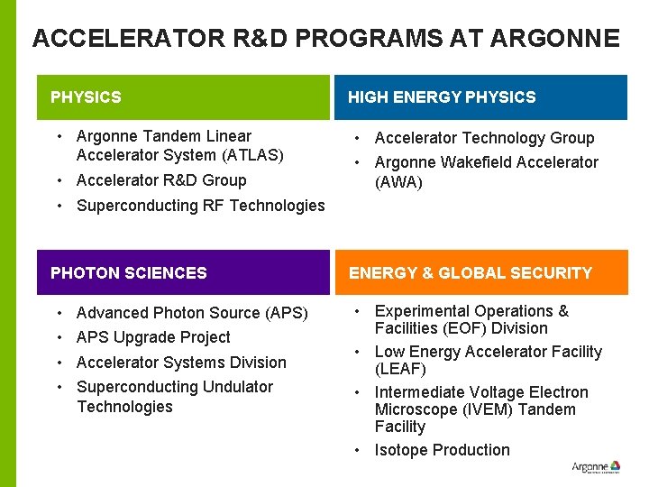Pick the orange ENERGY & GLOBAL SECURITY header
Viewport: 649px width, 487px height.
point(481,273)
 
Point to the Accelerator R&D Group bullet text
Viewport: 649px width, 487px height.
point(161,180)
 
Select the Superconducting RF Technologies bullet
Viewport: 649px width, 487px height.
point(200,206)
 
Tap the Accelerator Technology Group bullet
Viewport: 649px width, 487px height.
point(484,138)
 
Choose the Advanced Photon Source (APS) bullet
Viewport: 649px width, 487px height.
point(192,313)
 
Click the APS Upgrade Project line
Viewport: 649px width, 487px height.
point(153,337)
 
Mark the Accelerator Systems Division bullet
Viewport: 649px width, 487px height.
point(181,363)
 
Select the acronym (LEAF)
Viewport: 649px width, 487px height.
point(400,369)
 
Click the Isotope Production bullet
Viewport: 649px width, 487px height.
point(442,450)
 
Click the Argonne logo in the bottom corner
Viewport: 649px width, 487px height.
point(596,467)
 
